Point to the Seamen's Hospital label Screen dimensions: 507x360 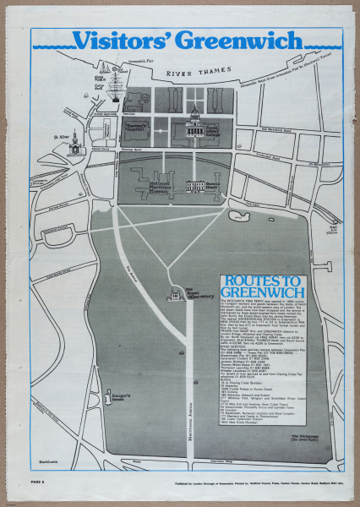click(x=136, y=126)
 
